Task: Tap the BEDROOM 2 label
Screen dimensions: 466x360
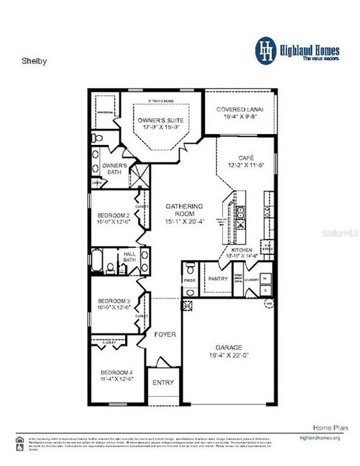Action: (113, 215)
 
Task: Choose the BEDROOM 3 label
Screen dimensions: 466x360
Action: (113, 301)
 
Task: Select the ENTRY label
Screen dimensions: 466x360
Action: (163, 383)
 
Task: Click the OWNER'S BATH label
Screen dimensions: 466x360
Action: (115, 169)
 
